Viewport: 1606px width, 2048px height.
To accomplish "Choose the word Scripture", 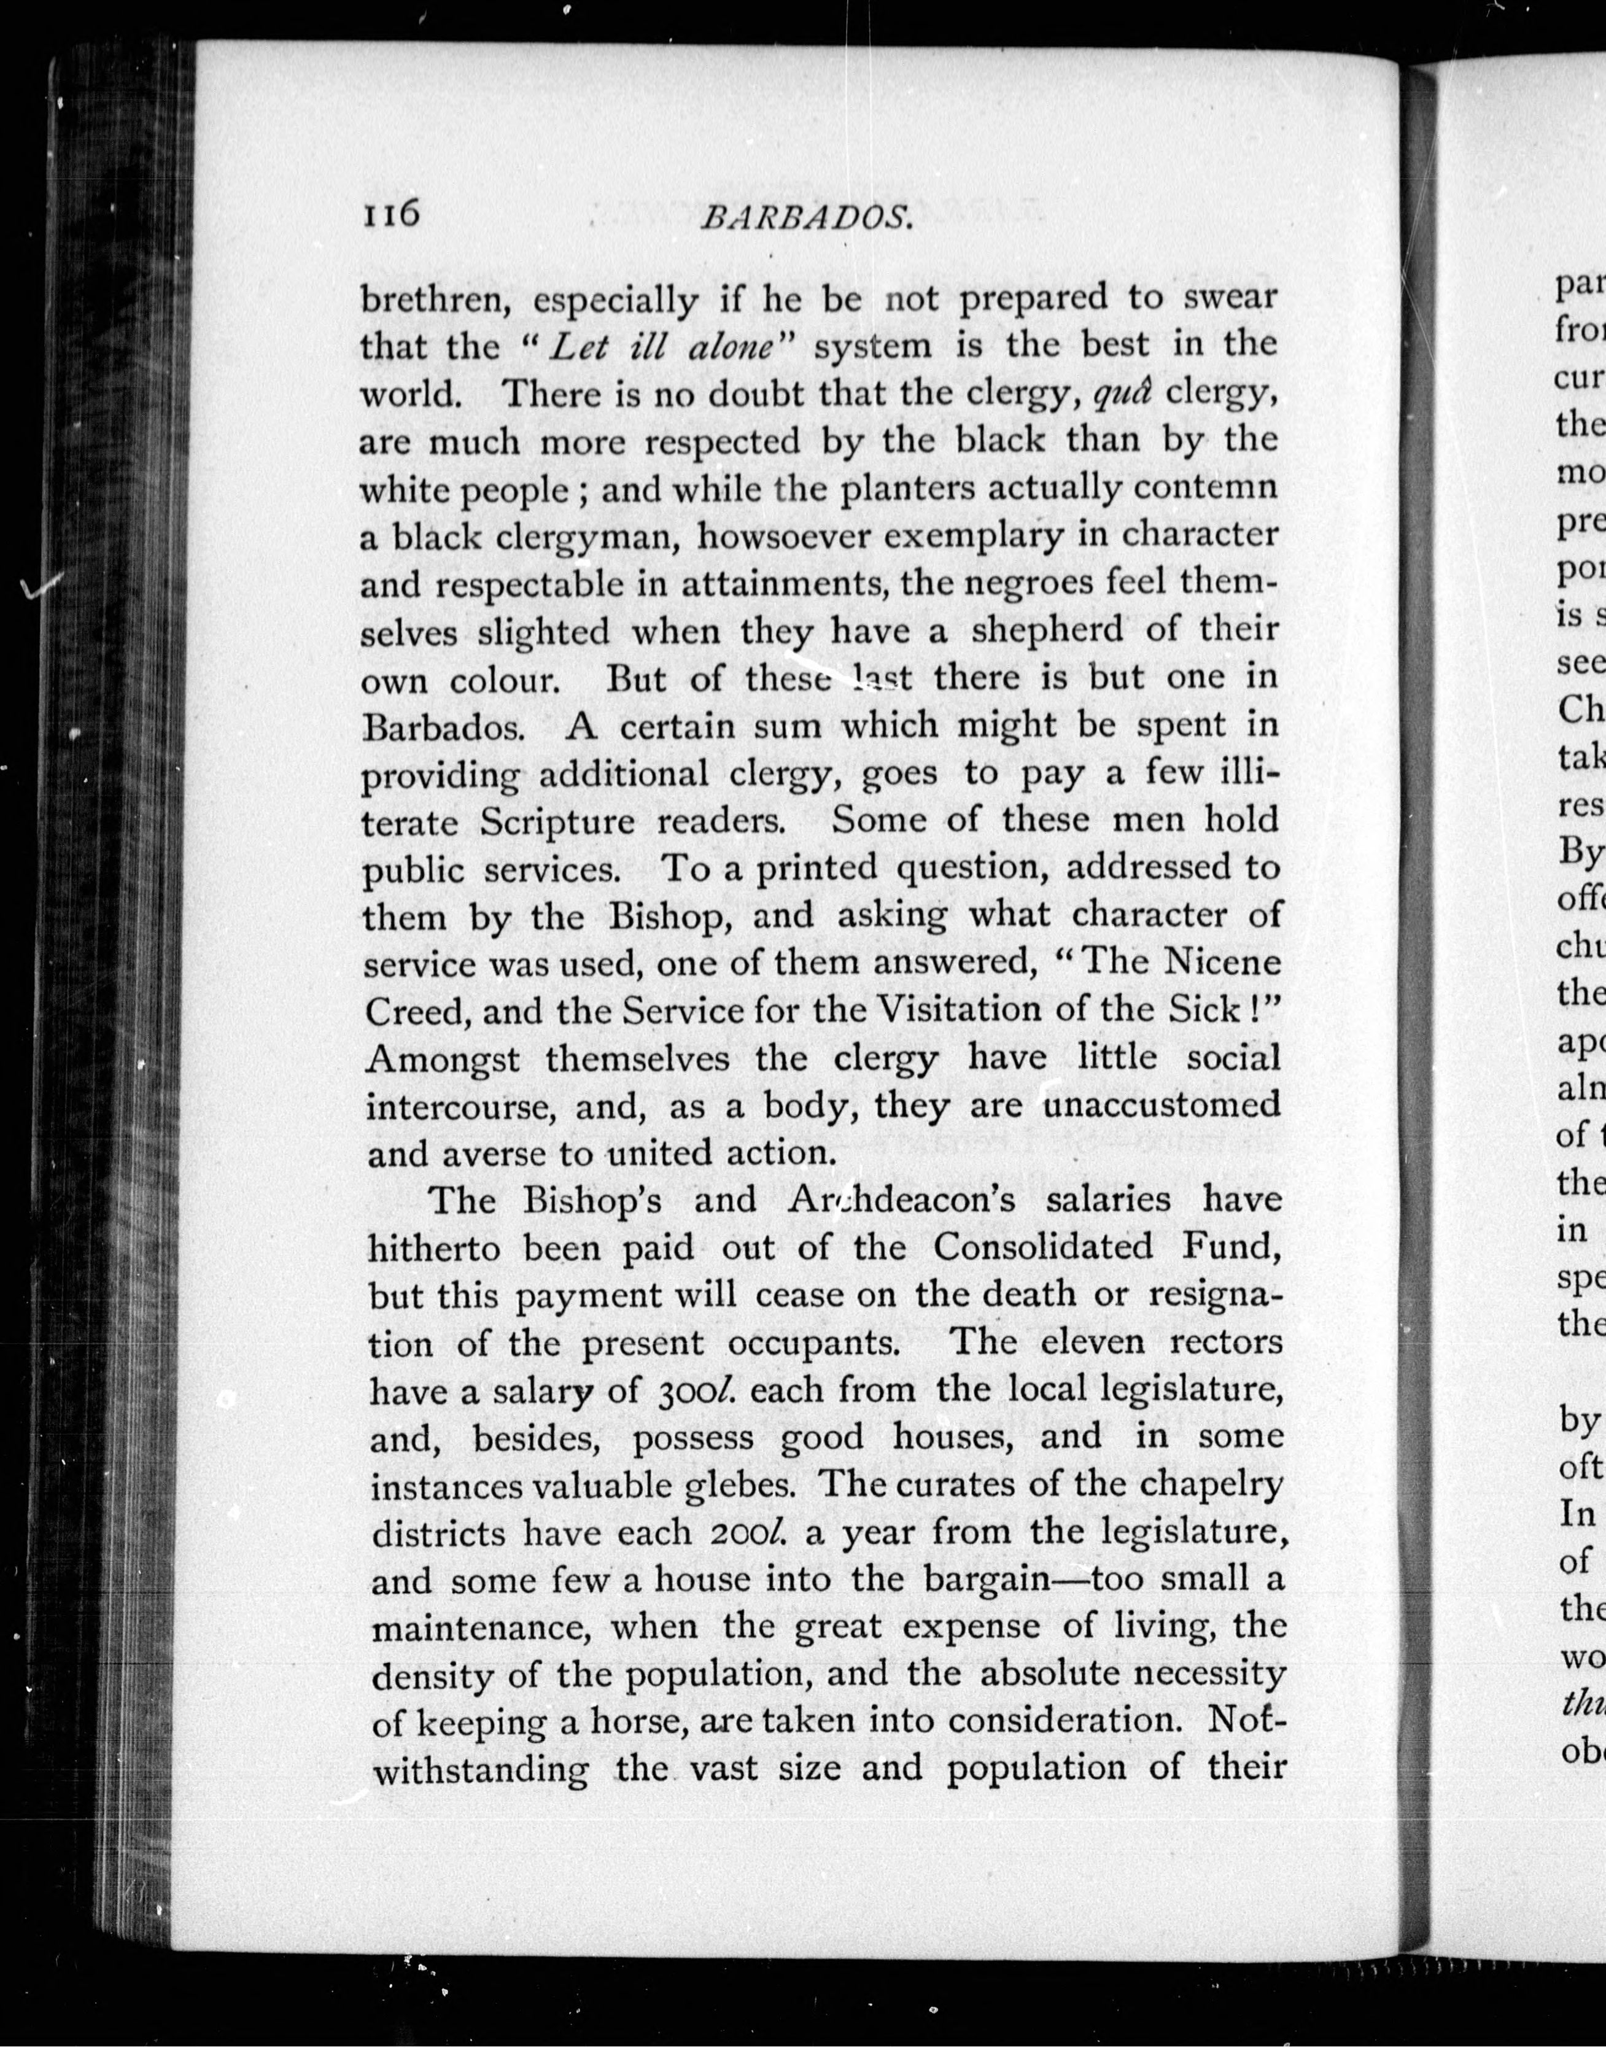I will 557,821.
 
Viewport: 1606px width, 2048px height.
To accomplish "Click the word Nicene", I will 1222,962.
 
